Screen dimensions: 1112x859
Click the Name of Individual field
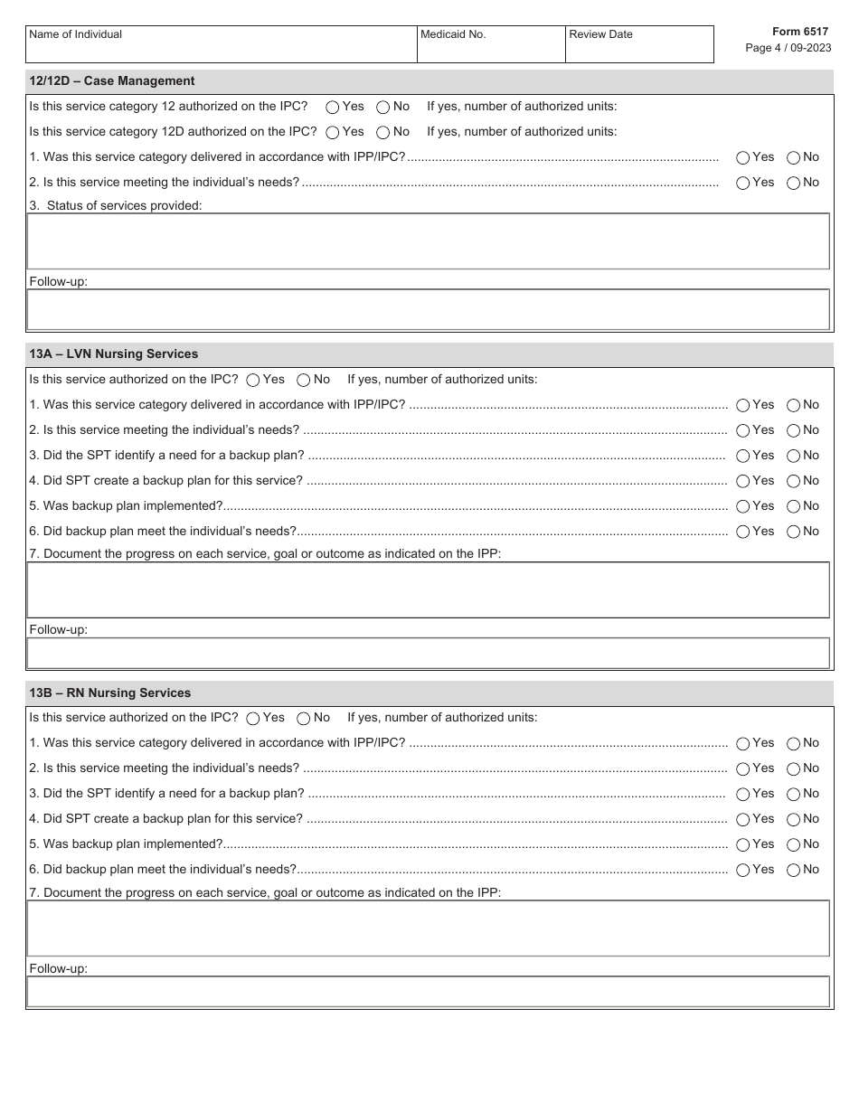[x=221, y=50]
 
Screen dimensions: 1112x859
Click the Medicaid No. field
[x=490, y=50]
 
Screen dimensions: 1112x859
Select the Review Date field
[x=638, y=50]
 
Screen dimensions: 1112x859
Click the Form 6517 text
[x=799, y=32]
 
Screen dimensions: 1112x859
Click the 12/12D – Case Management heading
[x=112, y=81]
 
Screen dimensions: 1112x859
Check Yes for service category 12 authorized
[x=333, y=107]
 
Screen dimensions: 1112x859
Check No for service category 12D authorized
[x=383, y=132]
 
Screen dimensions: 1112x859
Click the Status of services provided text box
[x=428, y=241]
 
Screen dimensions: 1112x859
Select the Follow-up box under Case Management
[x=428, y=310]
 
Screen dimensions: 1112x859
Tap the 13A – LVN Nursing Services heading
[x=114, y=354]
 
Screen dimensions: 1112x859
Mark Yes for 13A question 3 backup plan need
[x=743, y=456]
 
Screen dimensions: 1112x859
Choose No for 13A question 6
[x=793, y=532]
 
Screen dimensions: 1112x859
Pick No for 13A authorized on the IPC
[x=304, y=380]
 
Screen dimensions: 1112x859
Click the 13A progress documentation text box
[x=428, y=590]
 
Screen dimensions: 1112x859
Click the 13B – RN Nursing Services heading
[x=110, y=693]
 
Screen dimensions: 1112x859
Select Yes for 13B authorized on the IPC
[x=253, y=718]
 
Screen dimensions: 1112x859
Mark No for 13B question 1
[x=793, y=743]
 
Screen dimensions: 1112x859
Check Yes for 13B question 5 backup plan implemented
[x=743, y=844]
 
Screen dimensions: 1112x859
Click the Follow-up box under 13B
[x=428, y=992]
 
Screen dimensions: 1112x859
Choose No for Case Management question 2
[x=793, y=183]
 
